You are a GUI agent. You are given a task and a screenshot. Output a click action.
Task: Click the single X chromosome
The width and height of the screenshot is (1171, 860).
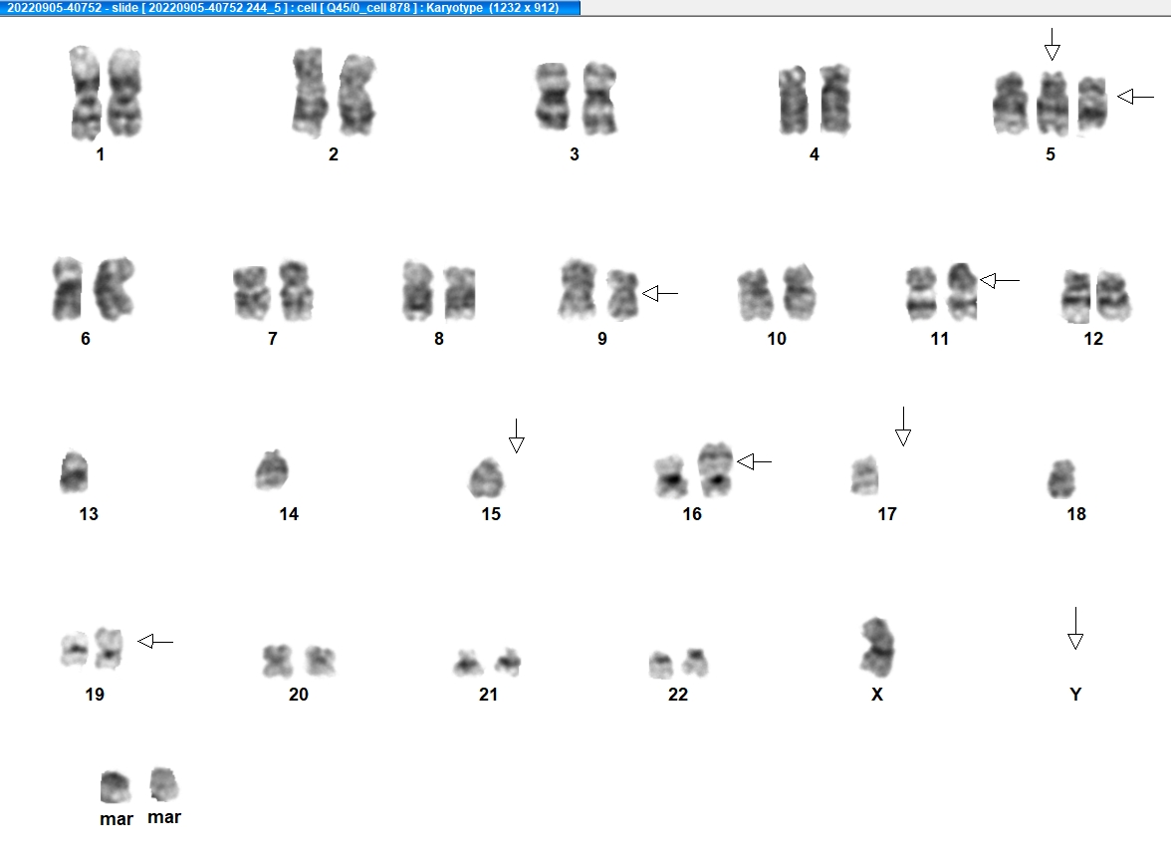tap(877, 647)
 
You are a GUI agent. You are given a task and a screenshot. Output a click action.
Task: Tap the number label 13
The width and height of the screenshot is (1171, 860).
tap(89, 514)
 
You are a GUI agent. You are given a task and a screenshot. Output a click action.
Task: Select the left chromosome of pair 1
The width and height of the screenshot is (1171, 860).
tap(86, 93)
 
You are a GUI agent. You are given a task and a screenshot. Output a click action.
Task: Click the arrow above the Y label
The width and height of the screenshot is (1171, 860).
tap(1075, 628)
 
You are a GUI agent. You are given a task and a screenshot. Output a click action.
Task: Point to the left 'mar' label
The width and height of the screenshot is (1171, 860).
tap(117, 819)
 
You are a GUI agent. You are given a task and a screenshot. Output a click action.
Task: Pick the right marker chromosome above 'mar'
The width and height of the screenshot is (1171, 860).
tap(164, 784)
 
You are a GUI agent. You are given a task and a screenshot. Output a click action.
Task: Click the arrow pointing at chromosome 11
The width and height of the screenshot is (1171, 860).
tap(1000, 280)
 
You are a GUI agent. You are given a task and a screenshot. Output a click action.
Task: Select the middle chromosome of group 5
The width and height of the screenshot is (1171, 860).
tap(1053, 103)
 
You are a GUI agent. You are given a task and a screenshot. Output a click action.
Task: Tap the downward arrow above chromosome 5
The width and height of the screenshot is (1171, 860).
tap(1053, 44)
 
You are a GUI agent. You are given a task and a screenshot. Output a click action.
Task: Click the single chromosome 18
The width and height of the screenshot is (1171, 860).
tap(1061, 478)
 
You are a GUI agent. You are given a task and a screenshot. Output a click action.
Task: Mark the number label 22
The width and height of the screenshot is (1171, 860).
tap(678, 695)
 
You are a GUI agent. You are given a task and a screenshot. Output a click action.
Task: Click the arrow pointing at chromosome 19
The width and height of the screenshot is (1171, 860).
tap(155, 641)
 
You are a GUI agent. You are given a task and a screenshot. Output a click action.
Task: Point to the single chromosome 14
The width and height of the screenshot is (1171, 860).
tap(272, 469)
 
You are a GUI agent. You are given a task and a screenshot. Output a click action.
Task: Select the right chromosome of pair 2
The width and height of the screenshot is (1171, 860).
tap(356, 95)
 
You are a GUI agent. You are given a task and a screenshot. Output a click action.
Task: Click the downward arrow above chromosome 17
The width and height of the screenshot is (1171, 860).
tap(903, 427)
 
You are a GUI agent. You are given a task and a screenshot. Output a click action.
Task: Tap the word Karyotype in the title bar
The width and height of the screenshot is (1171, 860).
tap(455, 7)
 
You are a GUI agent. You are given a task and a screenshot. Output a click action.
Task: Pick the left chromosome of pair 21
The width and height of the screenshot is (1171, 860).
tap(468, 663)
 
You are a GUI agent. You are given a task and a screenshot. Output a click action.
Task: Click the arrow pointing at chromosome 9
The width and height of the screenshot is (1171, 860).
tap(660, 294)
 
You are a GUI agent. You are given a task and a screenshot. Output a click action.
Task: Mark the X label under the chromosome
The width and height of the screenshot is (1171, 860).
tap(877, 695)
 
